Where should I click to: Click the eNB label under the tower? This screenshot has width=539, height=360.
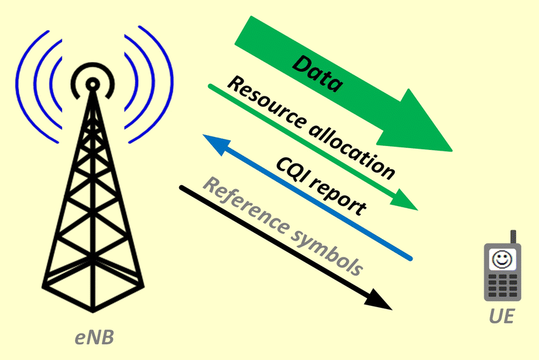point(94,338)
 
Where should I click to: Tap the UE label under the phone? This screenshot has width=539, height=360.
point(502,317)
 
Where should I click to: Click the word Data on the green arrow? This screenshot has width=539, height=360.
point(317,74)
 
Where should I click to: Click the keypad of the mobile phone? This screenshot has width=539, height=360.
point(502,285)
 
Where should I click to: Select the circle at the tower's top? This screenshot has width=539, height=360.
point(93,84)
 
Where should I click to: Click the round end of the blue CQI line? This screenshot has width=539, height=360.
point(410,258)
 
